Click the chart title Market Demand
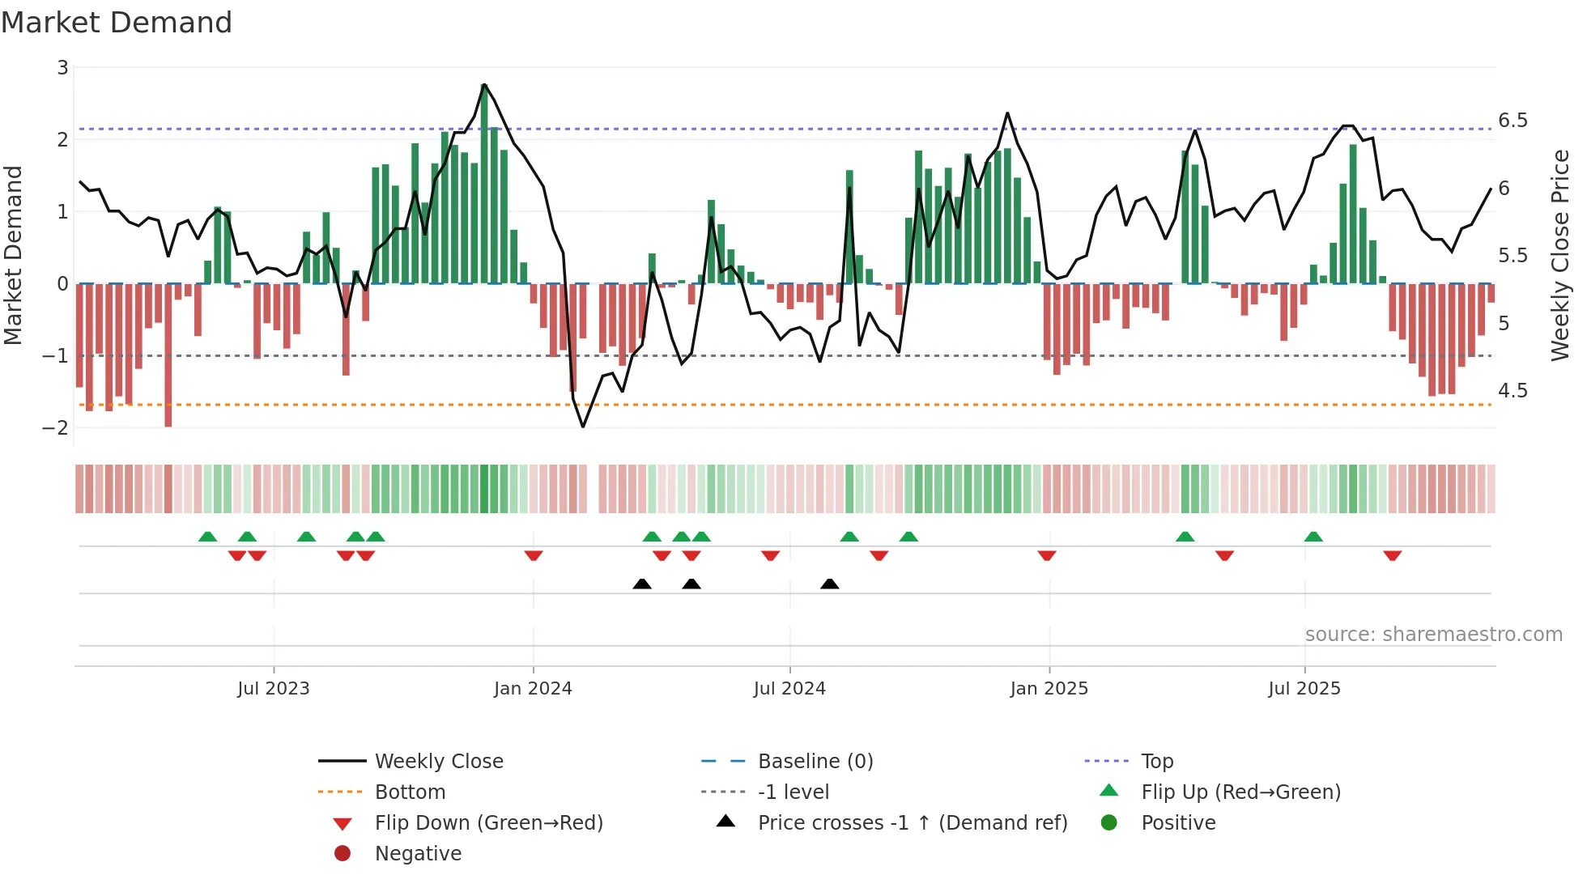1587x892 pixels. click(x=117, y=23)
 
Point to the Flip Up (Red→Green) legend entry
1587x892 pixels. click(x=1240, y=792)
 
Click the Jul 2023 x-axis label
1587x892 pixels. click(x=274, y=689)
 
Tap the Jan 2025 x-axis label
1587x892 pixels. click(x=1049, y=689)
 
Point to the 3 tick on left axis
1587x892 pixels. click(x=62, y=68)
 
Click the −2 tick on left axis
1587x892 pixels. click(x=56, y=428)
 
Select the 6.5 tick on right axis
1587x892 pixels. click(x=1513, y=121)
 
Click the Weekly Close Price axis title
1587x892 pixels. click(x=1560, y=255)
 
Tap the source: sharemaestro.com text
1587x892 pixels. click(x=1433, y=634)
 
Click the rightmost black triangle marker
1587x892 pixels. click(x=829, y=584)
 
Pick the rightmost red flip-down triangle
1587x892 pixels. click(x=1392, y=555)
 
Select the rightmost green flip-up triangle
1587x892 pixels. click(x=1313, y=537)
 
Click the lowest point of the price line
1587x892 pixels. click(x=583, y=427)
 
